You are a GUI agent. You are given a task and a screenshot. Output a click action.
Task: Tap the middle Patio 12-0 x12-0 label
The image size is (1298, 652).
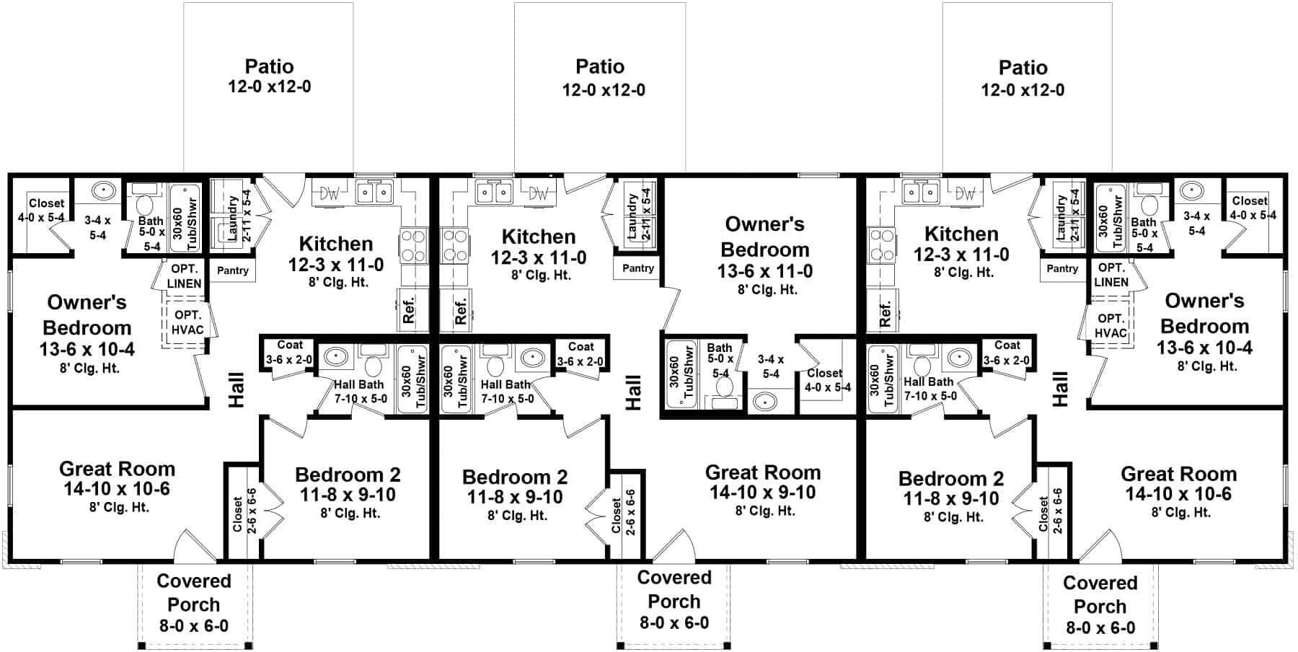[601, 78]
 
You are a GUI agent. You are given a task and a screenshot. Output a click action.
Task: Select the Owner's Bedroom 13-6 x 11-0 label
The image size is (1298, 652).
[765, 256]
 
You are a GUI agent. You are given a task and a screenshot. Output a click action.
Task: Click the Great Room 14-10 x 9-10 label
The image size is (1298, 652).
[763, 491]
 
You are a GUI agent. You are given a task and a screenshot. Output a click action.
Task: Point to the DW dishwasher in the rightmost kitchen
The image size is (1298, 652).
[965, 193]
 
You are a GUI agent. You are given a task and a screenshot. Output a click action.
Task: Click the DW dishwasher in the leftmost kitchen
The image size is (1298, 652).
[330, 193]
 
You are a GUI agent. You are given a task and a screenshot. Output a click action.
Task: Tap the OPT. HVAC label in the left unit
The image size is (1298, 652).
[187, 322]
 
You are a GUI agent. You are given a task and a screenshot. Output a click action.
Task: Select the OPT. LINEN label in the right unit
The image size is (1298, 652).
[1111, 275]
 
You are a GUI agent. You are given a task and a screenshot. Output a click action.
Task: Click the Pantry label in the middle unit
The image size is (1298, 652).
[638, 268]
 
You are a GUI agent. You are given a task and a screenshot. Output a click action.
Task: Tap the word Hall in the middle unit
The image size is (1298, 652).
[633, 392]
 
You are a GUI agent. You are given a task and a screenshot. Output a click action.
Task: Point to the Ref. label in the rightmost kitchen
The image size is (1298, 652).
[886, 313]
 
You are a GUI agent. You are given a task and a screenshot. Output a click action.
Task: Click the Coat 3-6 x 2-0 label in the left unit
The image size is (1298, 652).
[289, 352]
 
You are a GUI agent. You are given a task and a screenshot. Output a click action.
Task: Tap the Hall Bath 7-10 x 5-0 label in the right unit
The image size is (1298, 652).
[930, 389]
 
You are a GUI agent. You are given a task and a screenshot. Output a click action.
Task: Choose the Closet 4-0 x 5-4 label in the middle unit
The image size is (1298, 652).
[827, 380]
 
